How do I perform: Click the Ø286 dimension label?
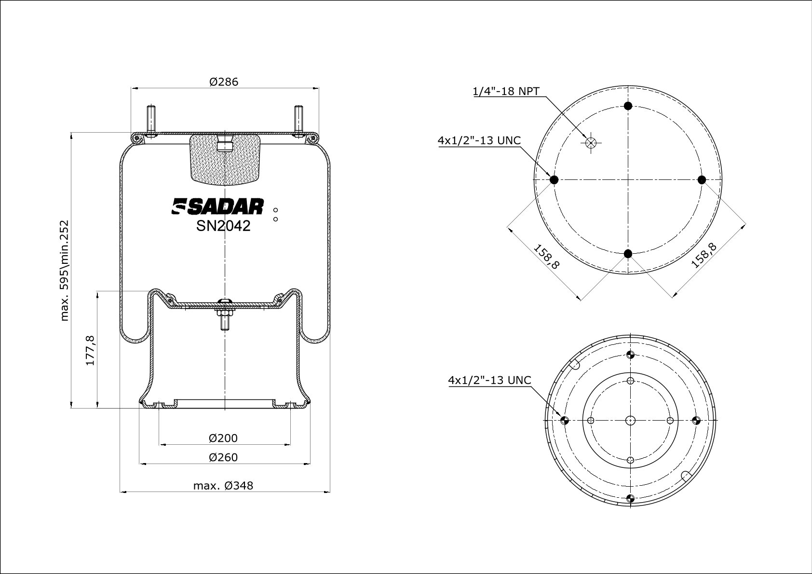click(224, 82)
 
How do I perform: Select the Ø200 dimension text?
click(223, 438)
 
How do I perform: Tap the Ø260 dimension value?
click(223, 457)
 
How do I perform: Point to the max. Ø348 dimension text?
click(223, 486)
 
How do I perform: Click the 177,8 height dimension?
click(90, 350)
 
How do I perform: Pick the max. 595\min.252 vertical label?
click(64, 271)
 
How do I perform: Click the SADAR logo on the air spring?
click(217, 206)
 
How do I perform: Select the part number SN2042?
click(223, 226)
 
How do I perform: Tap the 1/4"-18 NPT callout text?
click(506, 91)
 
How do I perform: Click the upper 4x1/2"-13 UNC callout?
click(479, 140)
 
